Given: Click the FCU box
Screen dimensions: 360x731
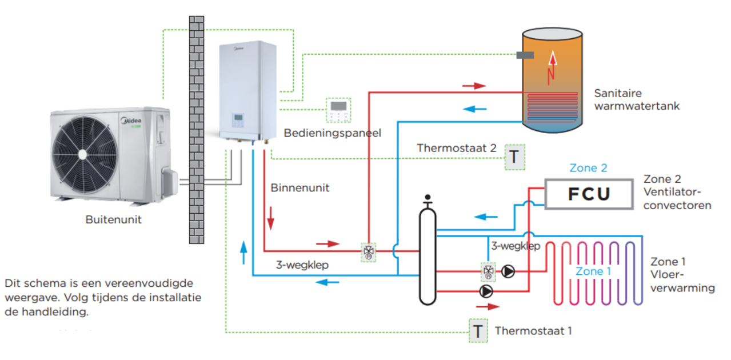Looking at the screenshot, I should [589, 194].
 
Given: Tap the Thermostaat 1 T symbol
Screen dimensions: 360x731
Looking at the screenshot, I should [478, 330].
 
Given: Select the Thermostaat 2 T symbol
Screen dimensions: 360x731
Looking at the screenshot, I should [514, 157].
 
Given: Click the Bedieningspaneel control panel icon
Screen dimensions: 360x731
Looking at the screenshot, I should [338, 110].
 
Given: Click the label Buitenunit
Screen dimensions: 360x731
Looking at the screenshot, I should [114, 219].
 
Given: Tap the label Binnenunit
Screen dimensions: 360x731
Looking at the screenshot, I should [300, 187].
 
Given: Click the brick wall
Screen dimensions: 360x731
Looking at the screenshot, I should [196, 129].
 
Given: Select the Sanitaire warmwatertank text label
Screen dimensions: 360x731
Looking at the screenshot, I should [636, 99].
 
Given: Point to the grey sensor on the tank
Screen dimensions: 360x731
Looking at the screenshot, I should [525, 55].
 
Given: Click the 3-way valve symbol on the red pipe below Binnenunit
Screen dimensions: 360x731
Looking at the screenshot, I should [369, 251].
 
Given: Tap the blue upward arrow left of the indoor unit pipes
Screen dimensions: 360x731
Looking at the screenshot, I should [244, 251].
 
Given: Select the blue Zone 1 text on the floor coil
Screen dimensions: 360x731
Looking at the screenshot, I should [593, 271].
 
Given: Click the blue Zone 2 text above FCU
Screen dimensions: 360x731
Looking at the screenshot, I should [588, 168].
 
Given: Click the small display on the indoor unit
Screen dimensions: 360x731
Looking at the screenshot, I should [238, 120].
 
